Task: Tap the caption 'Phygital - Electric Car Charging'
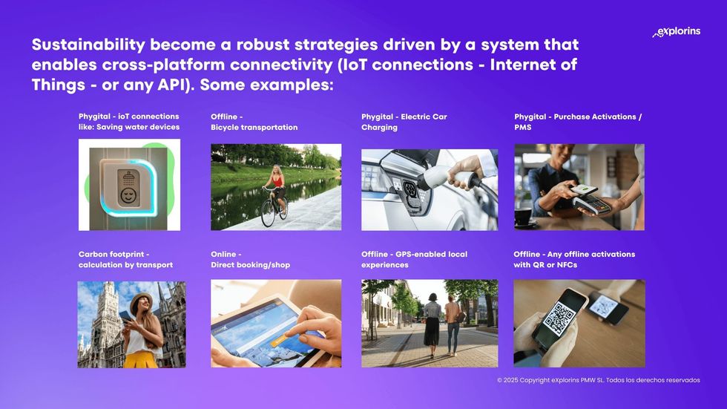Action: pos(404,122)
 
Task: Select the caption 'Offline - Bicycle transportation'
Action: pos(254,122)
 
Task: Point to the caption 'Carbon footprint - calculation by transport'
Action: pos(125,259)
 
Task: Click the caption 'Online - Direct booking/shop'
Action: pos(250,259)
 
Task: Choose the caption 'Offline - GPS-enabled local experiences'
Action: pos(414,259)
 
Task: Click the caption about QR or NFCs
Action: pos(573,259)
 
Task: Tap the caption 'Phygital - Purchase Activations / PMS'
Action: pos(577,122)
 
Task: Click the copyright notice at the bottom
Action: pos(598,380)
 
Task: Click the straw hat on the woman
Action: pos(140,300)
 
